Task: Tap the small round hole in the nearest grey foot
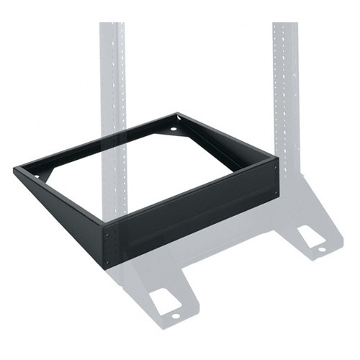pyautogui.click(x=175, y=315)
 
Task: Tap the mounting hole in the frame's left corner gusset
pyautogui.click(x=37, y=176)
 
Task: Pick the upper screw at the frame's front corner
pyautogui.click(x=108, y=233)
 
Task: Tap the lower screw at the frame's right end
pyautogui.click(x=276, y=193)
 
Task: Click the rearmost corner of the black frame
pyautogui.click(x=177, y=114)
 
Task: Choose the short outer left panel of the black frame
pyautogui.click(x=61, y=212)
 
